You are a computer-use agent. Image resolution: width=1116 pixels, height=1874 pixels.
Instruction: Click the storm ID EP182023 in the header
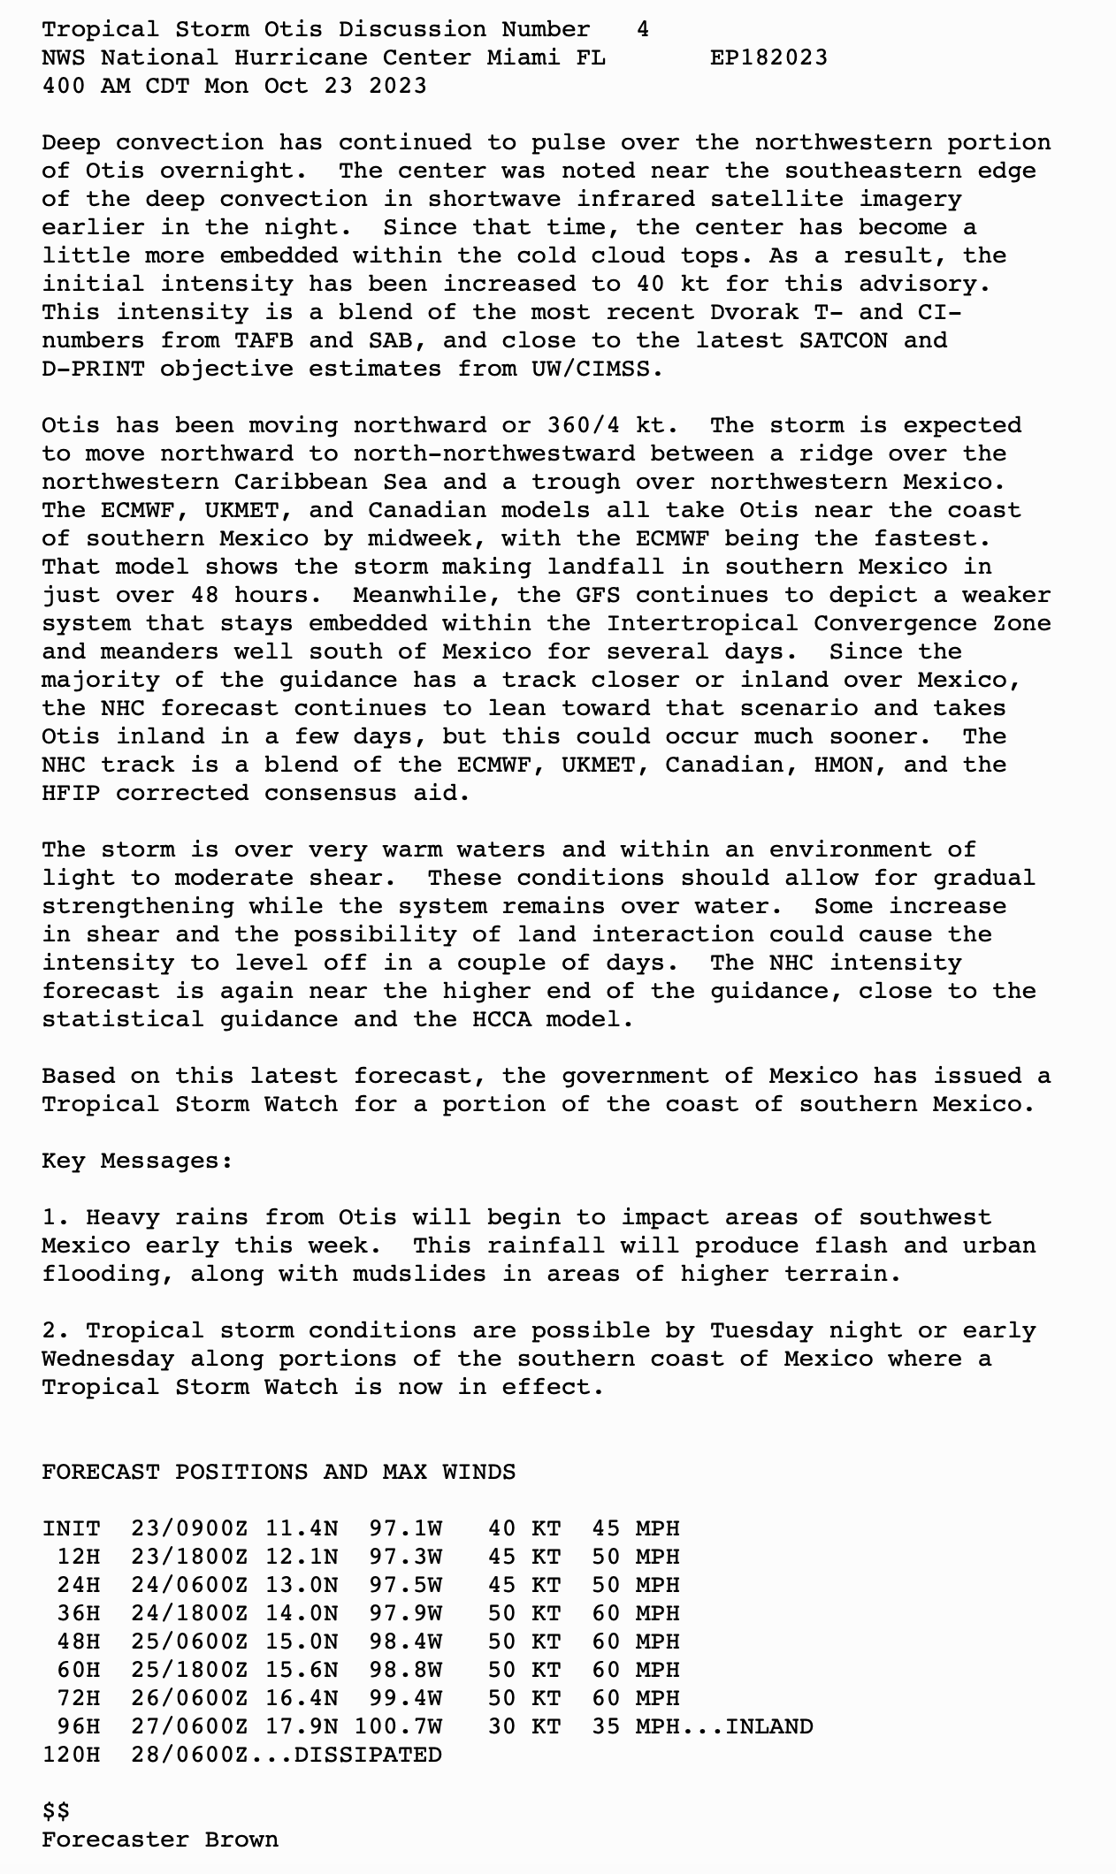click(768, 58)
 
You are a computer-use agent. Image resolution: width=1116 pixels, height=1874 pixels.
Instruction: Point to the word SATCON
click(843, 341)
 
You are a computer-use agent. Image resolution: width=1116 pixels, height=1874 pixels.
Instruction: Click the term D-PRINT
click(93, 369)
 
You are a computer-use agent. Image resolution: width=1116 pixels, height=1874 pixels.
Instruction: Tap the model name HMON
click(850, 766)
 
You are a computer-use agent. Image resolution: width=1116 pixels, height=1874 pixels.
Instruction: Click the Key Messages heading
click(137, 1162)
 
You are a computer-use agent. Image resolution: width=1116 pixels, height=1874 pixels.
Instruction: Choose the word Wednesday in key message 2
click(108, 1360)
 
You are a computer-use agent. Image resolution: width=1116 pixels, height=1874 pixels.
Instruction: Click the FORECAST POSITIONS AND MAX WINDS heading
click(279, 1473)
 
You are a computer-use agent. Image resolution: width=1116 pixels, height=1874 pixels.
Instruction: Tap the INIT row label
click(71, 1529)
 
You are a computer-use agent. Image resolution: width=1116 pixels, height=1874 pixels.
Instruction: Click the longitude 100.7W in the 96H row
click(398, 1727)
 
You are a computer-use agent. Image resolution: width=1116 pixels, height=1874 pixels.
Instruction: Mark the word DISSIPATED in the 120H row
click(368, 1756)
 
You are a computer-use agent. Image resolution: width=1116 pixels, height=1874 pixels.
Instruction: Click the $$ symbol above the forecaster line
click(56, 1812)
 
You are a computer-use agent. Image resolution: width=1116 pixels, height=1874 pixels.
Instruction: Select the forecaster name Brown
click(241, 1840)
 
